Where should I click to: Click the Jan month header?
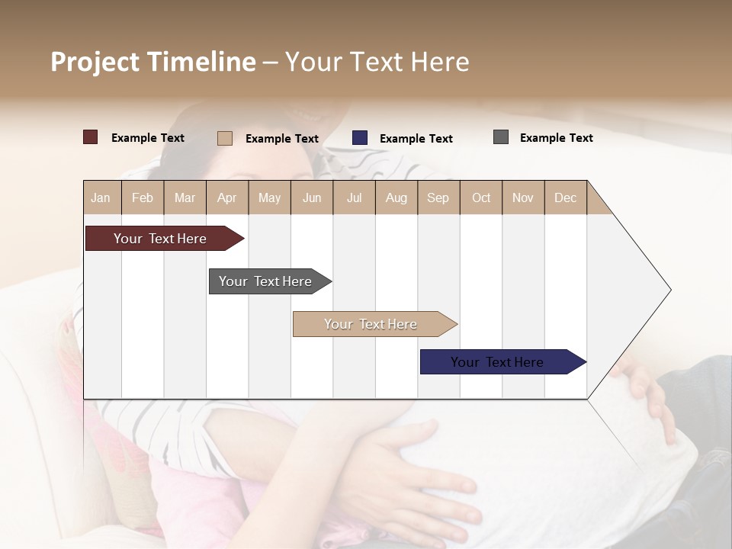tap(101, 197)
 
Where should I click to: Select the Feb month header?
tap(143, 197)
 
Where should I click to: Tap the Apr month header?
tap(226, 197)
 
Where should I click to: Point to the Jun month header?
tap(312, 197)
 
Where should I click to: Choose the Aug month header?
tap(396, 197)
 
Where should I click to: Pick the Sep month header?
tap(438, 197)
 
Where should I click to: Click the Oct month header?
tap(481, 197)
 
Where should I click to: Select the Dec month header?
tap(565, 197)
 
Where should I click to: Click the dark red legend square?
tap(91, 137)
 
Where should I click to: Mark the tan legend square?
tap(225, 138)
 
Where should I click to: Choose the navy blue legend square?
tap(360, 138)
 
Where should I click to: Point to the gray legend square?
tap(501, 137)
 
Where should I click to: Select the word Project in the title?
tap(95, 62)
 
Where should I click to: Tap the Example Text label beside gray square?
tap(556, 138)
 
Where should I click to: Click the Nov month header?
tap(523, 197)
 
